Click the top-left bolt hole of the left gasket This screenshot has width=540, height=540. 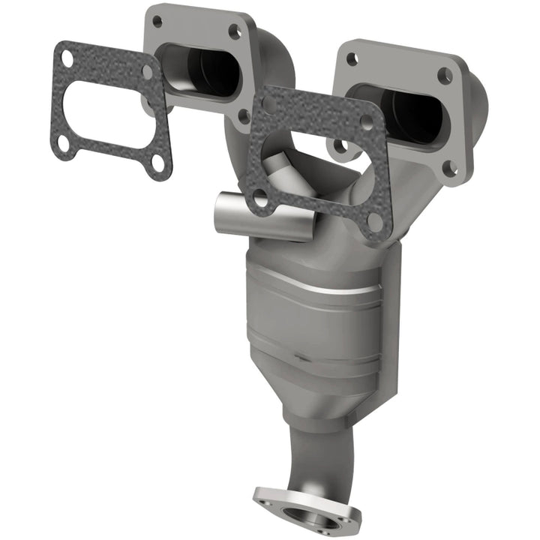point(67,57)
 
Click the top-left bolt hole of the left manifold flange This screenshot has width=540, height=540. point(157,22)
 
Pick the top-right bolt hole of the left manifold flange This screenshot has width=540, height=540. point(235,31)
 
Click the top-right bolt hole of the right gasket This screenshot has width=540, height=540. point(367,121)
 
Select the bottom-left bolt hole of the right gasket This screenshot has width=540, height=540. point(260,199)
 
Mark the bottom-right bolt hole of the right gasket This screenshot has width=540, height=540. point(373,221)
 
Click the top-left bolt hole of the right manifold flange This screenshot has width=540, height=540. point(351,60)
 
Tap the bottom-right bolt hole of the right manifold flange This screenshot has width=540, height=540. point(450,170)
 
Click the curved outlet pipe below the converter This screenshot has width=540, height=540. point(315,450)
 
